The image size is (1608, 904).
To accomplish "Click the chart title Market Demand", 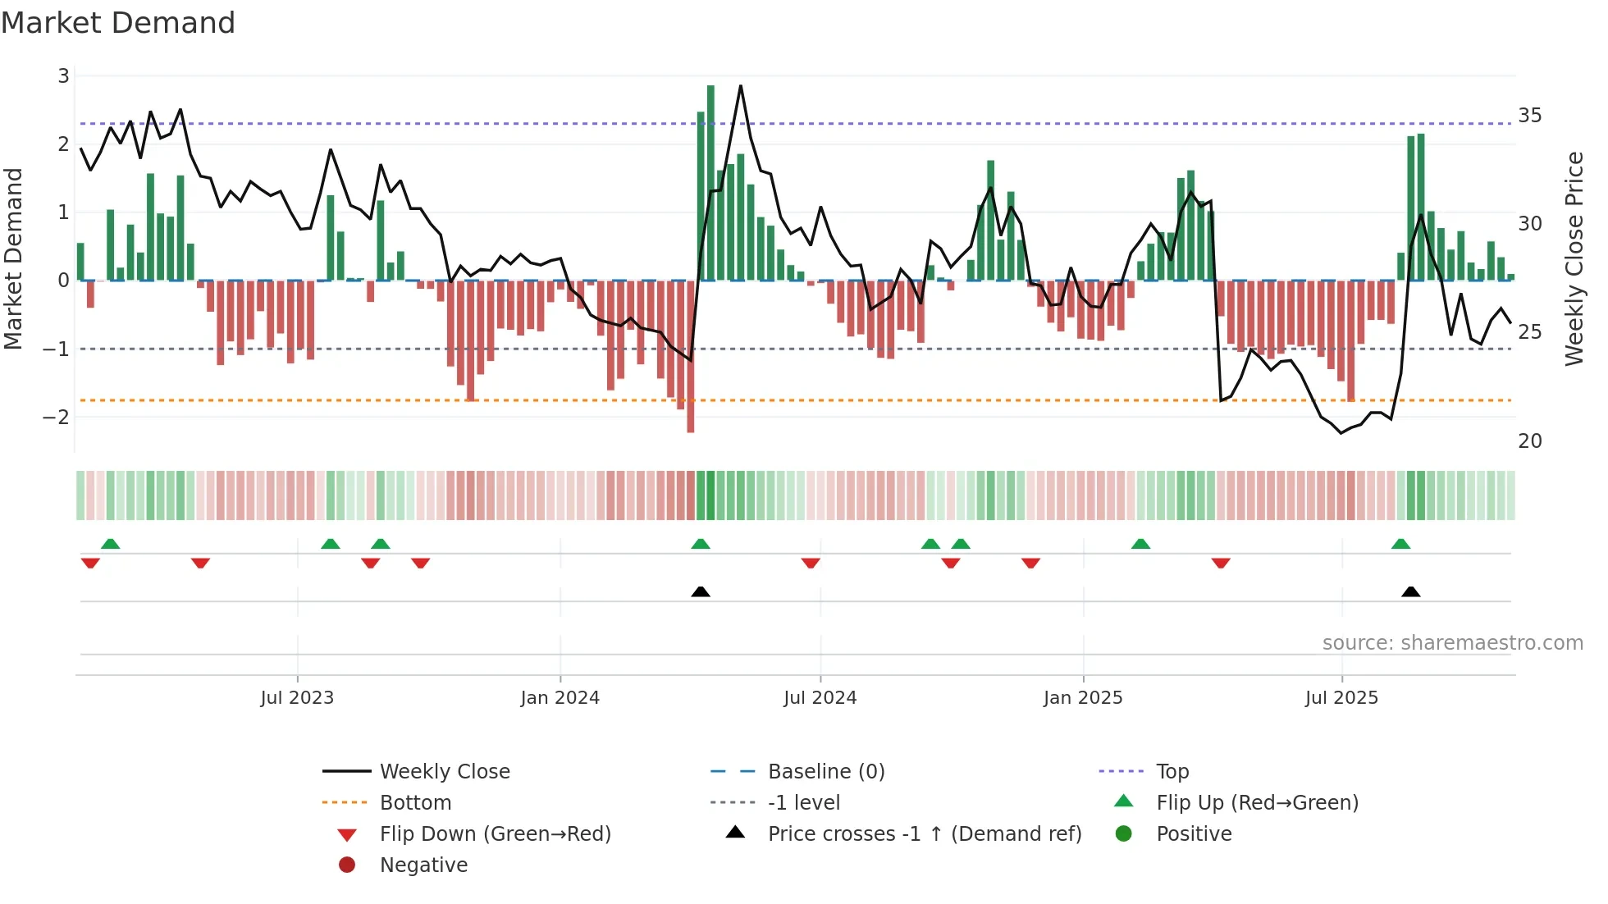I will tap(118, 23).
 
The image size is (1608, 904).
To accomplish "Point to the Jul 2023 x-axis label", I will tap(297, 697).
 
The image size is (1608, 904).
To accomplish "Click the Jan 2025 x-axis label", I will tap(1083, 697).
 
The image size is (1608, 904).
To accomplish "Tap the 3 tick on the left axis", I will tap(63, 76).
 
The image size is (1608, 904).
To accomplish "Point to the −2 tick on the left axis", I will tap(56, 417).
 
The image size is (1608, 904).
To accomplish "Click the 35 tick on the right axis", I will tap(1529, 115).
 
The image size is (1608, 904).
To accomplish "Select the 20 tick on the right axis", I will tap(1529, 441).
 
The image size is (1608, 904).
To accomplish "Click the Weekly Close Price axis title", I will tap(1574, 258).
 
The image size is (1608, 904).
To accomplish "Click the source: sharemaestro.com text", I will tap(1452, 642).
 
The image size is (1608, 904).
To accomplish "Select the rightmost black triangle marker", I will tap(1411, 592).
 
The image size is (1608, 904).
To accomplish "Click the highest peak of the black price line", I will tap(741, 86).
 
